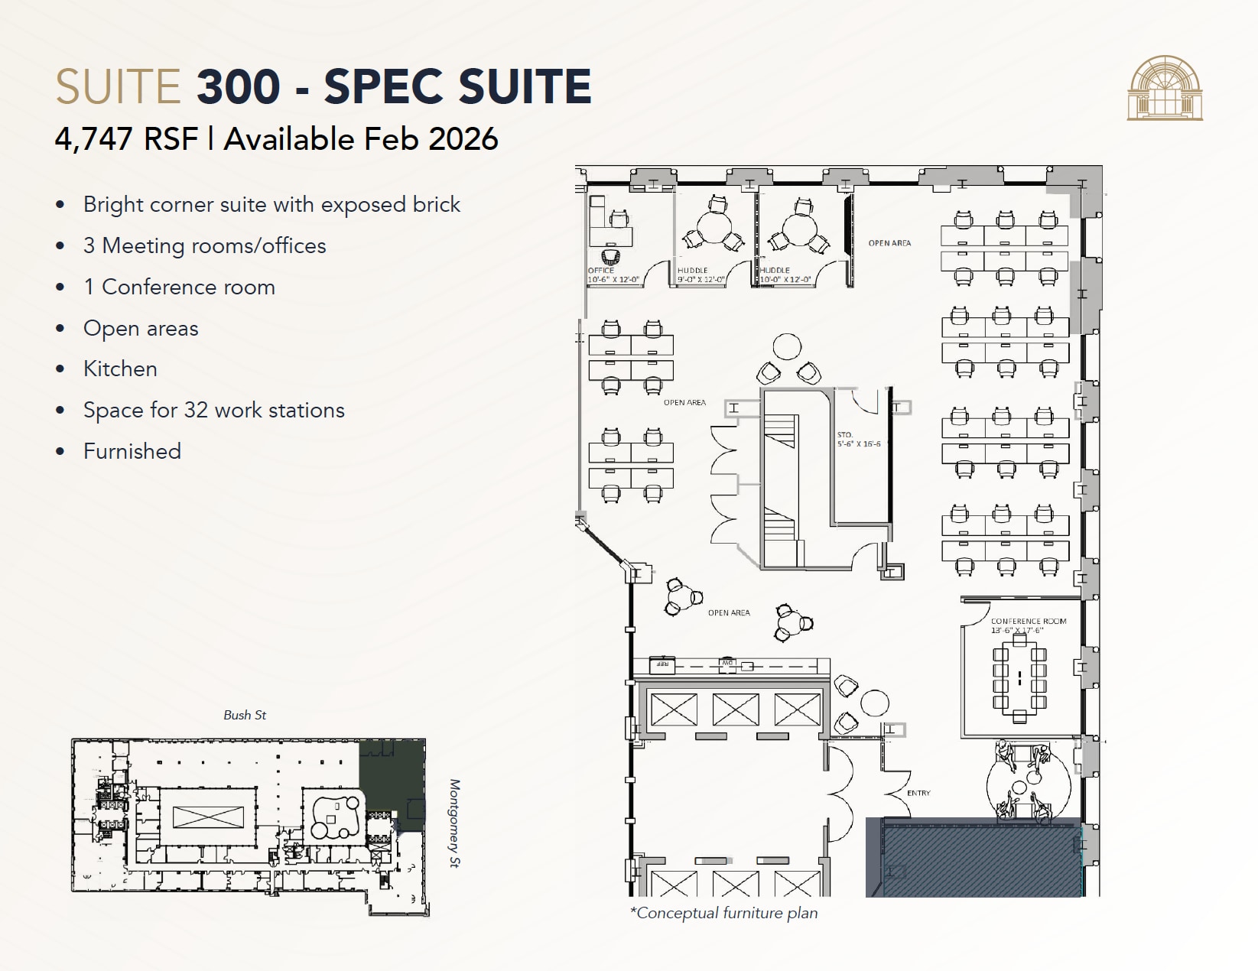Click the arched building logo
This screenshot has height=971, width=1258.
point(1164,88)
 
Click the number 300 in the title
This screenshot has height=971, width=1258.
point(238,86)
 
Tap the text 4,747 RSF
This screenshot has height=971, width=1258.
point(126,139)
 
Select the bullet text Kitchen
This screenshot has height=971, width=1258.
point(120,369)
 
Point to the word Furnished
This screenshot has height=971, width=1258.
point(132,451)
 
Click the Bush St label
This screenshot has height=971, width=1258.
point(245,715)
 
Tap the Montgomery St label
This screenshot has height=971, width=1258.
point(454,823)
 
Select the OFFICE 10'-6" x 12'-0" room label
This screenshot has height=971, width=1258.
point(613,275)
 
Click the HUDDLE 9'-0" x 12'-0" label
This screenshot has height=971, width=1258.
point(701,275)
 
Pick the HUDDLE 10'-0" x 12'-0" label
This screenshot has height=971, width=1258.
point(785,275)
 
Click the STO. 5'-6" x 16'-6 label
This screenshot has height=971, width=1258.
point(858,440)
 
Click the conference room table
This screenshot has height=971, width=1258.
point(1019,677)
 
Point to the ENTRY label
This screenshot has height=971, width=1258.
point(918,793)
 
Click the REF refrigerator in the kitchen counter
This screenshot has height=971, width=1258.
point(662,665)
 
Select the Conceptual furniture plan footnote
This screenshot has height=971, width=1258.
point(723,913)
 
